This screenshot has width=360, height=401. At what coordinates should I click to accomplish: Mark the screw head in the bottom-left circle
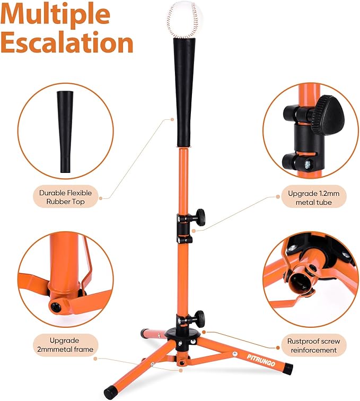[x=55, y=306]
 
